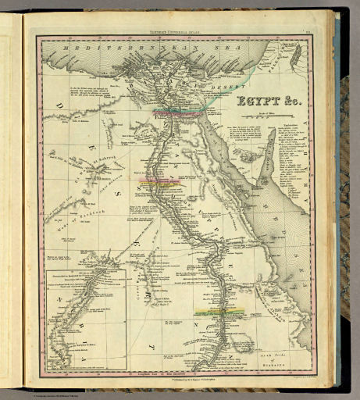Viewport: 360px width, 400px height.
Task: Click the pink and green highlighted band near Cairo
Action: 180,112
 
